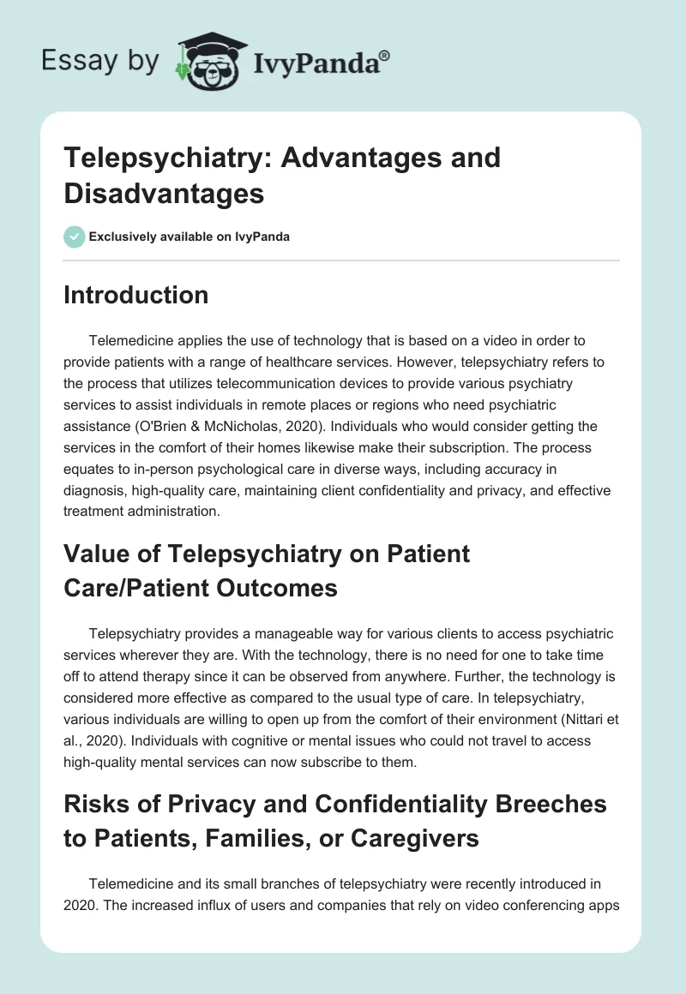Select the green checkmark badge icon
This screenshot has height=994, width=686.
click(x=75, y=237)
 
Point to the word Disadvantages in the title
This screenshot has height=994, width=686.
click(x=164, y=194)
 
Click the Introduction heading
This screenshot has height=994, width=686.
click(x=136, y=295)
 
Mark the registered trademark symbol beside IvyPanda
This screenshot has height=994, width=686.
click(x=385, y=54)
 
